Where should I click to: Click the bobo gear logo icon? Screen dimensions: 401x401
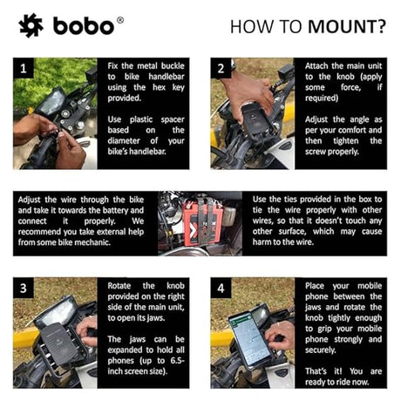click(x=31, y=26)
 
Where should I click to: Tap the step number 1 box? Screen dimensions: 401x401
click(x=25, y=66)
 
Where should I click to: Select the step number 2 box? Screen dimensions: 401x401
click(x=221, y=66)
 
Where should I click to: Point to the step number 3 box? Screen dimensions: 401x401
click(x=26, y=287)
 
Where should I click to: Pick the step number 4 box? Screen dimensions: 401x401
click(x=221, y=287)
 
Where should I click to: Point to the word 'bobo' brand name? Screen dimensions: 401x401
click(x=83, y=27)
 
